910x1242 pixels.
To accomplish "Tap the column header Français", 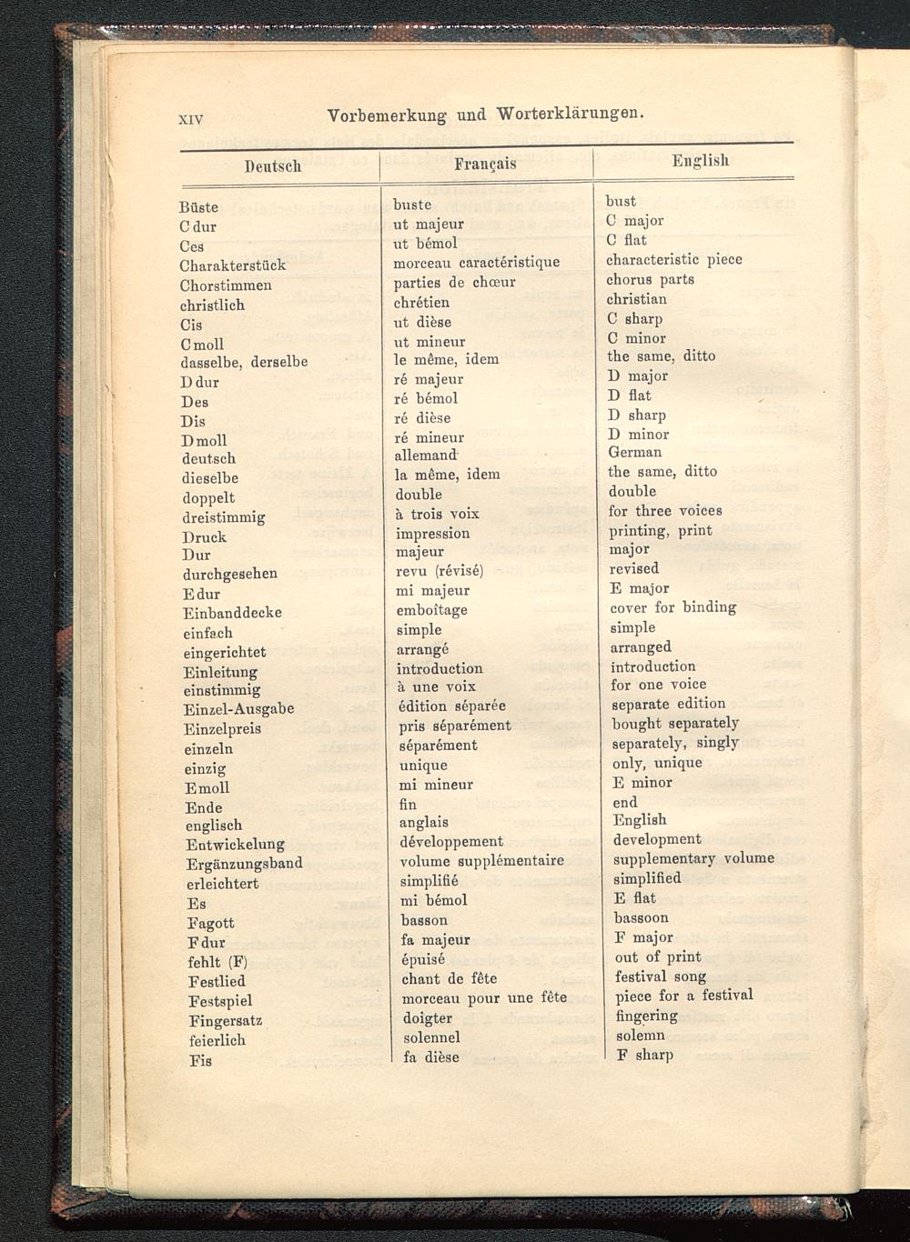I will (485, 164).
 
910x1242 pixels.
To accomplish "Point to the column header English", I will (701, 160).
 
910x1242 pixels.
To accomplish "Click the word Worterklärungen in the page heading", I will (571, 115).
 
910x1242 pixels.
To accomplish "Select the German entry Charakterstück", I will (233, 265).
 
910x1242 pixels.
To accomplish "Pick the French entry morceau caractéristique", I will (476, 263).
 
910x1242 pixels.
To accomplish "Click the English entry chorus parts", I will (650, 279).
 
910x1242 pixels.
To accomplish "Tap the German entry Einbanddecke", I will (232, 613).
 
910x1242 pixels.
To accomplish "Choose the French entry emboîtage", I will (432, 610).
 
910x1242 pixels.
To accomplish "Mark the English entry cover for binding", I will (672, 607).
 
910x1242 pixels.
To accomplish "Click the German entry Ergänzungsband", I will (244, 864).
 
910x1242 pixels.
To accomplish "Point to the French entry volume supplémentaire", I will (481, 860).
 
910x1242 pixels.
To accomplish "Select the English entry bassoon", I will (641, 917).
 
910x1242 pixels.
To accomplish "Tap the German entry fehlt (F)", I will (217, 962).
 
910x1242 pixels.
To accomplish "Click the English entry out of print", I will (658, 957).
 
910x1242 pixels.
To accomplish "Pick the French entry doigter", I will (427, 1018).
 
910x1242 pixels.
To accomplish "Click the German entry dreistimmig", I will (223, 517).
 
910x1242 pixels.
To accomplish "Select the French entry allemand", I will (425, 455).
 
